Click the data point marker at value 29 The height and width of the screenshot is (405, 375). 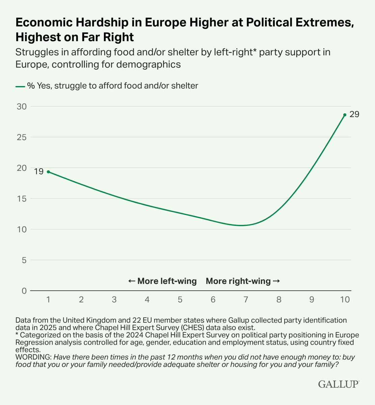(345, 115)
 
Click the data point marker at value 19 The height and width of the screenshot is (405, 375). (48, 172)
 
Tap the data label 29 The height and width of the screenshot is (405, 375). (354, 114)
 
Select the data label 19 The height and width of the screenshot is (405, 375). (38, 171)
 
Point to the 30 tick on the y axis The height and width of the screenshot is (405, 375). (22, 106)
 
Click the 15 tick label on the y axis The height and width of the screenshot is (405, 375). (22, 199)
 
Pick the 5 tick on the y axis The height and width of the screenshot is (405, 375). (24, 260)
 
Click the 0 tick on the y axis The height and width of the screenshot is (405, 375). (24, 291)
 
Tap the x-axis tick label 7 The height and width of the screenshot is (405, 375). (246, 300)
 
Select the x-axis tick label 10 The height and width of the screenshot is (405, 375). (345, 300)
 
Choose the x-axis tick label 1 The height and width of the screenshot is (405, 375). (48, 300)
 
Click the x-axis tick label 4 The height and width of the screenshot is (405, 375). (147, 300)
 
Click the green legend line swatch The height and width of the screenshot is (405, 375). (20, 87)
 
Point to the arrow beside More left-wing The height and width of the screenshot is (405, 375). (132, 281)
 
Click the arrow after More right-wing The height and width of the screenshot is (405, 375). (276, 281)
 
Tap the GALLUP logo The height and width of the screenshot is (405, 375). (339, 384)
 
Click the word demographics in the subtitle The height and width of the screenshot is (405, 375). (149, 64)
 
